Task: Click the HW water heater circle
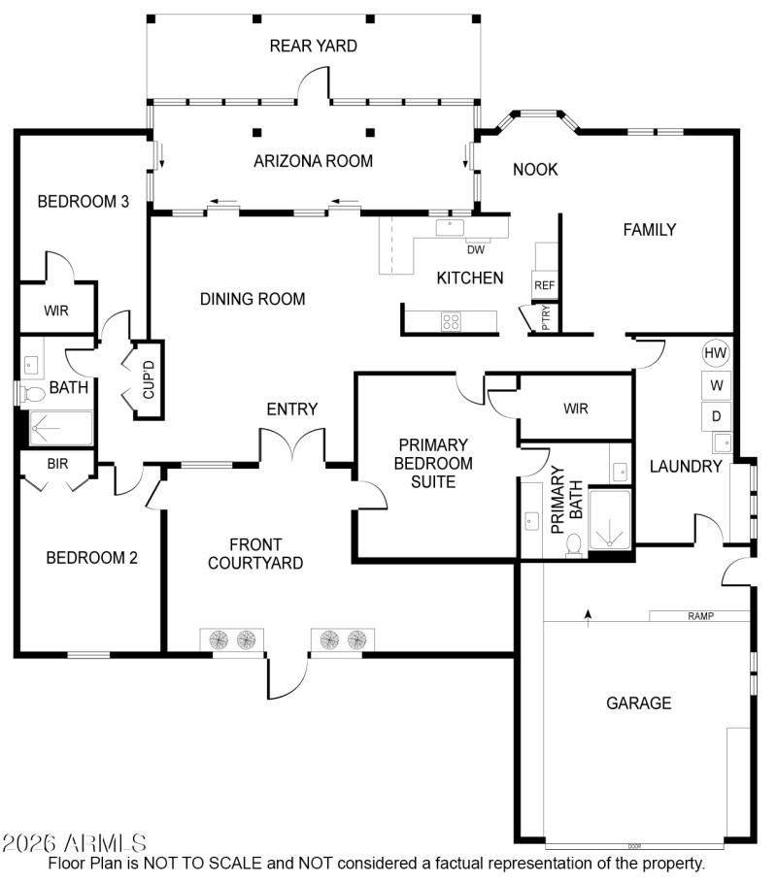point(716,352)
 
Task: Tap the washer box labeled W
point(716,385)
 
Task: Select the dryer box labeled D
point(716,416)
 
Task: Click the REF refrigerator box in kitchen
point(544,285)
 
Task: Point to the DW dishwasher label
point(475,249)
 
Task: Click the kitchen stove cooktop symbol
point(451,321)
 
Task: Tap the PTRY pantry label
point(546,318)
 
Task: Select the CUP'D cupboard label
point(149,379)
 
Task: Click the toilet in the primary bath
point(574,544)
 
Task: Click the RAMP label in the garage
point(700,616)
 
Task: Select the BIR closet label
point(57,463)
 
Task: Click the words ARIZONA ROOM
point(313,161)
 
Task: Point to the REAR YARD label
point(313,46)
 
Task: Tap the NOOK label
point(535,170)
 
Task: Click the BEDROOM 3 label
point(84,202)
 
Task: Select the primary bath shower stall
point(609,519)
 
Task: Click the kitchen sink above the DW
point(451,227)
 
